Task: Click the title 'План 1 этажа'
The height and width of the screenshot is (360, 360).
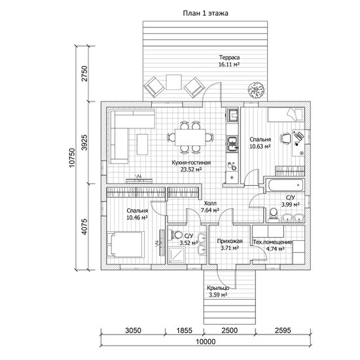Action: pyautogui.click(x=206, y=13)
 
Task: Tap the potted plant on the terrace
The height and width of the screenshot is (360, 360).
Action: pyautogui.click(x=255, y=90)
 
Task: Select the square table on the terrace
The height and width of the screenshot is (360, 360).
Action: pyautogui.click(x=174, y=82)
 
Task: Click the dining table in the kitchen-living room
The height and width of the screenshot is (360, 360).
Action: pyautogui.click(x=190, y=137)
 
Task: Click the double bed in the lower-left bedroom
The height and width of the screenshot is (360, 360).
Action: pyautogui.click(x=126, y=244)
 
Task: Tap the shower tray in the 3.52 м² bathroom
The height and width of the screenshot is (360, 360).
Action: pyautogui.click(x=176, y=255)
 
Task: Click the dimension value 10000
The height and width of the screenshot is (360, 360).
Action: pyautogui.click(x=206, y=342)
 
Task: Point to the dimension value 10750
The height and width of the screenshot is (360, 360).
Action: pyautogui.click(x=72, y=158)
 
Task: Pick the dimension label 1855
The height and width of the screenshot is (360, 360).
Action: pyautogui.click(x=185, y=331)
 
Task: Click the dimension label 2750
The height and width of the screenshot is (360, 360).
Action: pyautogui.click(x=84, y=73)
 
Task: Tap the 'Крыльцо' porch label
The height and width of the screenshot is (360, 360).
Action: pyautogui.click(x=218, y=288)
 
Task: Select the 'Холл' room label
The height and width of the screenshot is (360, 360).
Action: pyautogui.click(x=210, y=204)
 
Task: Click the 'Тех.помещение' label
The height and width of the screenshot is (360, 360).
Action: pyautogui.click(x=272, y=242)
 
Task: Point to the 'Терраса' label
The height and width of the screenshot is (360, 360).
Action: pyautogui.click(x=229, y=57)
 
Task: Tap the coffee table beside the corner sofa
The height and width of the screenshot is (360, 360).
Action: pyautogui.click(x=142, y=145)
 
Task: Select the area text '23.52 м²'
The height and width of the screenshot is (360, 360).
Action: pyautogui.click(x=191, y=170)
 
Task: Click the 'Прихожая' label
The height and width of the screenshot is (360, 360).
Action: pyautogui.click(x=230, y=241)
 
